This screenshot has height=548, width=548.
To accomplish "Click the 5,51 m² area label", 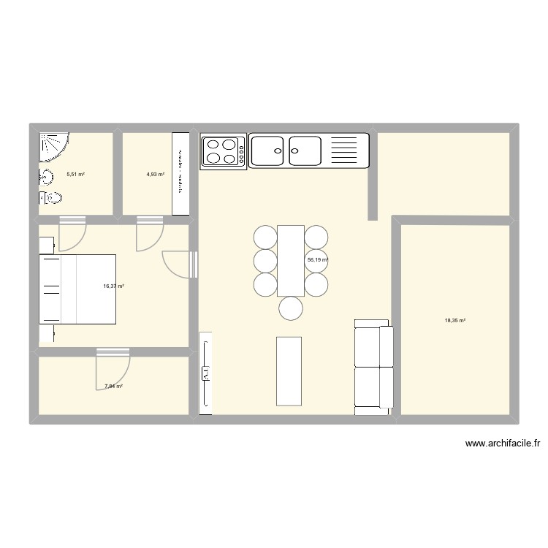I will point(76,175).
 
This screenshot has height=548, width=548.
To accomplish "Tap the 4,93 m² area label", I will point(155,175).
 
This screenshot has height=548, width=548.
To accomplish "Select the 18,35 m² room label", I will point(455,320).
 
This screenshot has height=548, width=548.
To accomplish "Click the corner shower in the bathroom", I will point(53,145).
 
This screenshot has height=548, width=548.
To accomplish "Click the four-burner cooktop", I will point(224,151).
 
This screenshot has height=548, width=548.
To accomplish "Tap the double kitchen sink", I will point(286,151).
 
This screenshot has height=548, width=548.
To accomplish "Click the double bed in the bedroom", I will point(77,289).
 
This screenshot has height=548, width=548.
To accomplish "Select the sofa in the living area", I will point(373,367).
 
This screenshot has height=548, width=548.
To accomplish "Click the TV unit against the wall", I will point(205,373).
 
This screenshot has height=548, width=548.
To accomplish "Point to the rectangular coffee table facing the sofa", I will point(289,370).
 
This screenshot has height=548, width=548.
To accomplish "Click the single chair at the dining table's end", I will point(291,308).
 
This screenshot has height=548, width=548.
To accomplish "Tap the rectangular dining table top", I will point(290,260).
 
